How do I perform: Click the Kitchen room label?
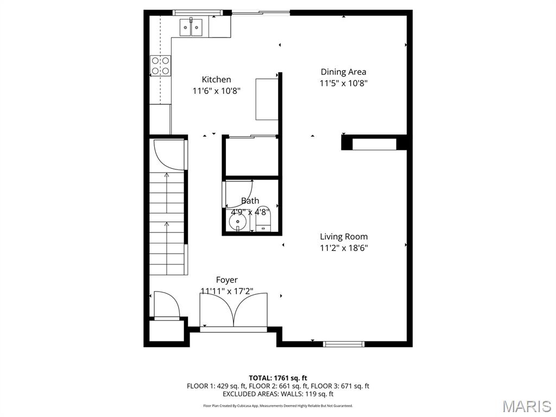(216, 79)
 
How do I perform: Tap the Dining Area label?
(343, 72)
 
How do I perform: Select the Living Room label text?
(343, 237)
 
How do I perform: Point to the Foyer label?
(226, 280)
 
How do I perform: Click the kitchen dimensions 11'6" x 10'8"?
(216, 91)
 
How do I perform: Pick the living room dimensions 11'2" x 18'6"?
(343, 249)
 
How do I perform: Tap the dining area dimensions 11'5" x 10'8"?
(343, 84)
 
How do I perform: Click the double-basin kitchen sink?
(191, 27)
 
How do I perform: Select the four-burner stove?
(160, 66)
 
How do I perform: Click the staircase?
(167, 223)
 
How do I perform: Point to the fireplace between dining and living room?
(375, 143)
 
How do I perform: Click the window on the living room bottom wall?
(343, 344)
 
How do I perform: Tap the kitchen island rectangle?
(267, 99)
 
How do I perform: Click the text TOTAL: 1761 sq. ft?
(278, 378)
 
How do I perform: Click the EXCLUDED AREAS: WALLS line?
(278, 394)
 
